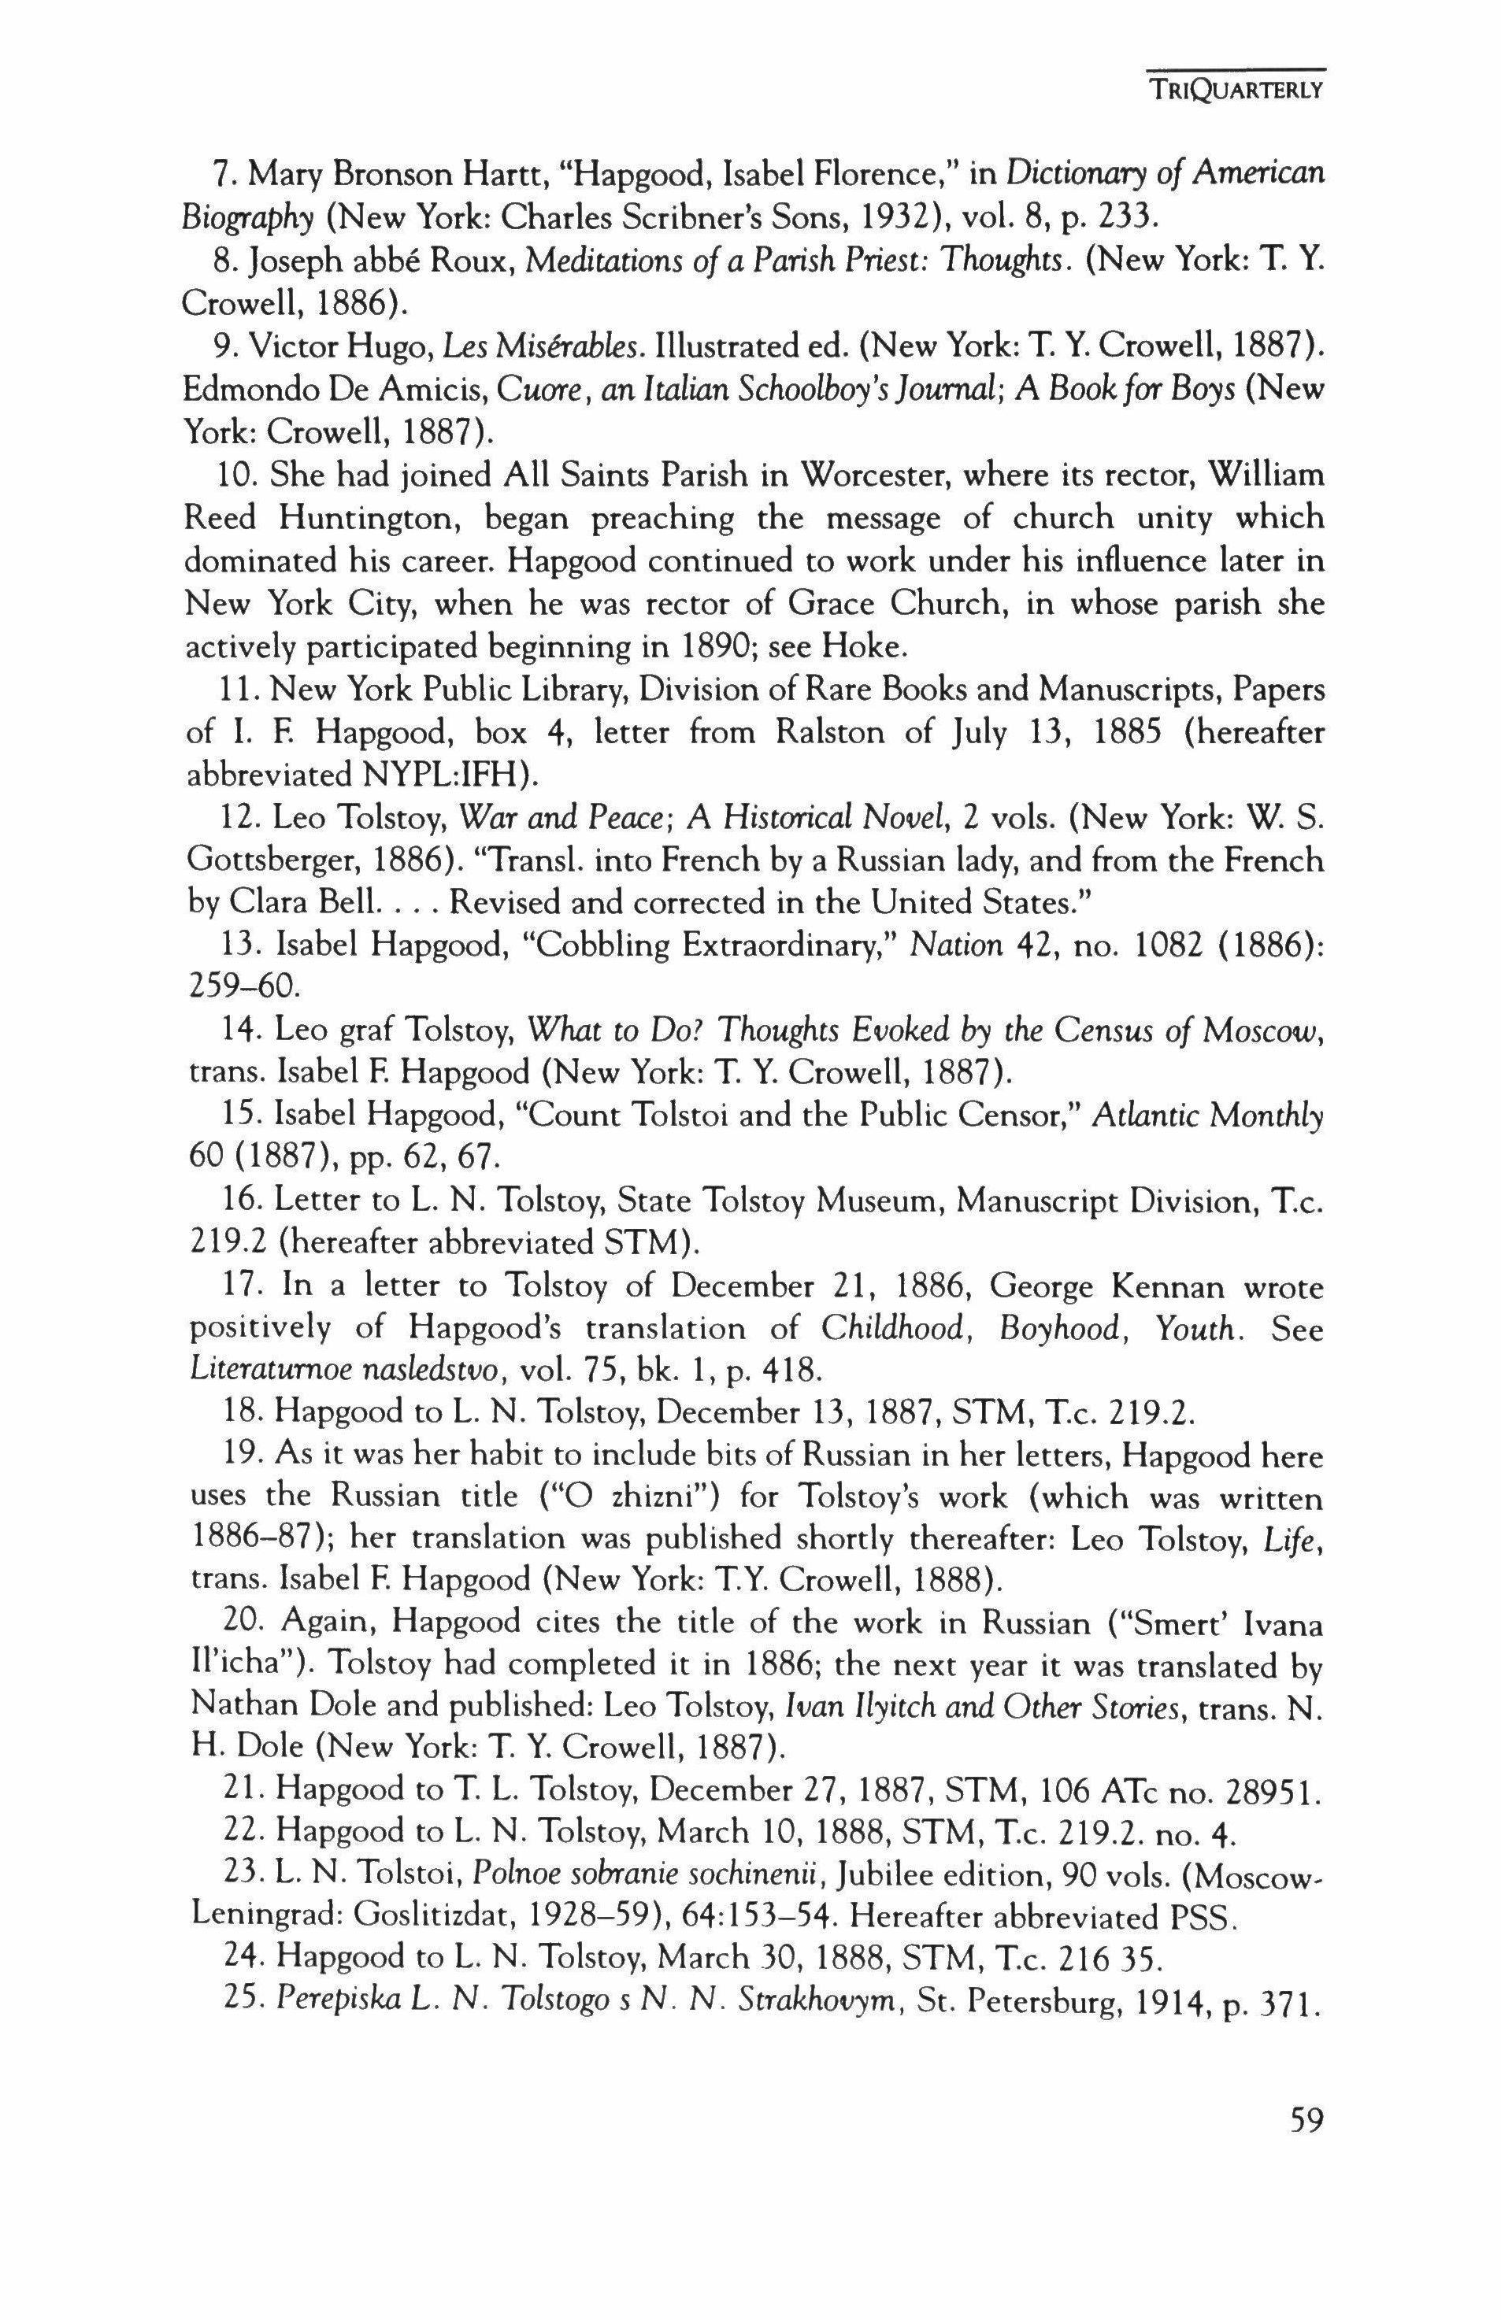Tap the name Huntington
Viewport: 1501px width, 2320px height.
click(362, 517)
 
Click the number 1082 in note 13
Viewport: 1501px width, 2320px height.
click(1165, 946)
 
